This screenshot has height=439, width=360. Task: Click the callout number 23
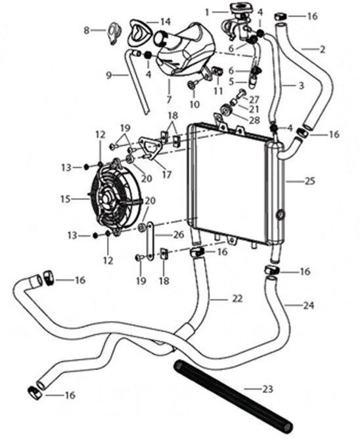pyautogui.click(x=267, y=389)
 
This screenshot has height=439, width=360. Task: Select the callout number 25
pyautogui.click(x=309, y=181)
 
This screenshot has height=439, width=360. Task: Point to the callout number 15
pyautogui.click(x=65, y=199)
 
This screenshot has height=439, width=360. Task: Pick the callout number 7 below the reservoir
pyautogui.click(x=169, y=99)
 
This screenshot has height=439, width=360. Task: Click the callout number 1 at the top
pyautogui.click(x=207, y=12)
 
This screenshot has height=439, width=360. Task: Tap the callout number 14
pyautogui.click(x=166, y=21)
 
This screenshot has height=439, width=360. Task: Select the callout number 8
pyautogui.click(x=87, y=30)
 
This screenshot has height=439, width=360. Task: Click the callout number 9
pyautogui.click(x=109, y=75)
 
